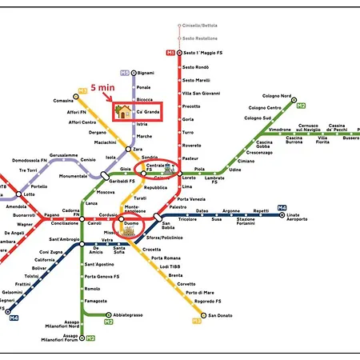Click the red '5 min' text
[x=104, y=86]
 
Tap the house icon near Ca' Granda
[x=123, y=111]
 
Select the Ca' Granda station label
[x=147, y=113]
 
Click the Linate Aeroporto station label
[x=298, y=218]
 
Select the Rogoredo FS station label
[x=210, y=301]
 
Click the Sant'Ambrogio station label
[x=65, y=239]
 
